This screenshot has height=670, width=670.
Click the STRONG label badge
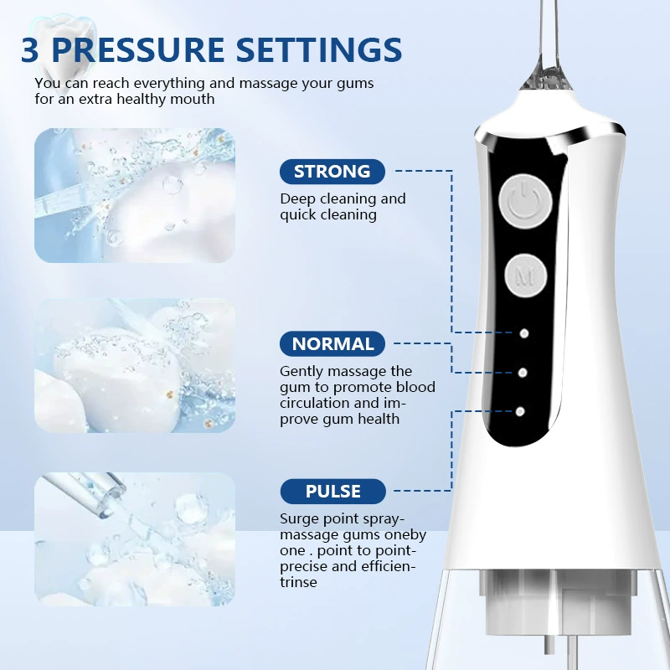pos(332,172)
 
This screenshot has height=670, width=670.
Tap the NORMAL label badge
pos(332,343)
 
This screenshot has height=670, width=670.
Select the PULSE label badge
pos(332,491)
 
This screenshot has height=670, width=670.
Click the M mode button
pos(525,276)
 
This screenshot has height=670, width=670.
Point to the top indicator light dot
pos(524,333)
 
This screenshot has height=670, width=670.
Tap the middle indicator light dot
pos(522,373)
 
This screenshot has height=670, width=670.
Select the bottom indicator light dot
pos(520,411)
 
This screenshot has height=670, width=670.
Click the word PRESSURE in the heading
pos(137,50)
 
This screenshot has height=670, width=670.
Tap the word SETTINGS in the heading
pos(319,50)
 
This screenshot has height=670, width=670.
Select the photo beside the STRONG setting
pos(135,195)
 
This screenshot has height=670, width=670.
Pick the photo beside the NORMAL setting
pos(135,365)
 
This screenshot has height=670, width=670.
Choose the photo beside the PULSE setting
pos(135,539)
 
